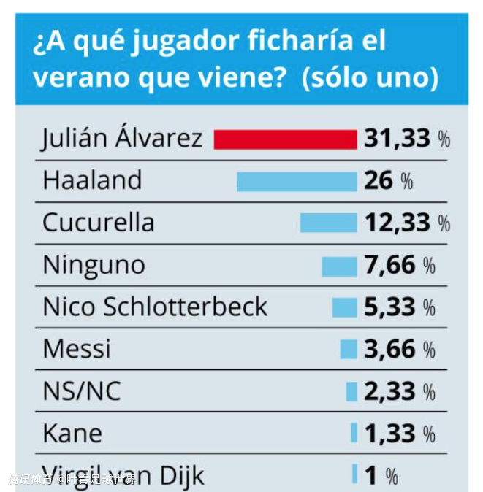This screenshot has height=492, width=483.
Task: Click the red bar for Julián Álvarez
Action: (285, 139)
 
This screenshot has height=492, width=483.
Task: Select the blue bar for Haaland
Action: (297, 181)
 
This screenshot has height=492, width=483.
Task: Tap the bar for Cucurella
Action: (328, 223)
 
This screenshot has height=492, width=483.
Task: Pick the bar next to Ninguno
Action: (339, 266)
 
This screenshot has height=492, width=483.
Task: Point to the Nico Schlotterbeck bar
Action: (344, 307)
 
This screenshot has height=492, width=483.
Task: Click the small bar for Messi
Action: (349, 350)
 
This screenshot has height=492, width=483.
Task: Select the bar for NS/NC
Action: (351, 392)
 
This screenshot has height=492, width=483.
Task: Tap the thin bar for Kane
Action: (354, 434)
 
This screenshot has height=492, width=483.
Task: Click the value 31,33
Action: (398, 139)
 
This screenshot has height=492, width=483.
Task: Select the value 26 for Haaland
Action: (379, 181)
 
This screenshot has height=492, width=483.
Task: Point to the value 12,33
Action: (398, 223)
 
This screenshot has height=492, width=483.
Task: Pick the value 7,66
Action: (390, 266)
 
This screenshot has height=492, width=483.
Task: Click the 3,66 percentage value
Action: (390, 350)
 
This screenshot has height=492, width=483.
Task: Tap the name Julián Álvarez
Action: (122, 138)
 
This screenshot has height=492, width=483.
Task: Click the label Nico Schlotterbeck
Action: (155, 307)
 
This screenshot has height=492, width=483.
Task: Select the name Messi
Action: (77, 350)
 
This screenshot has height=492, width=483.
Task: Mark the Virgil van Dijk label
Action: (123, 475)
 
